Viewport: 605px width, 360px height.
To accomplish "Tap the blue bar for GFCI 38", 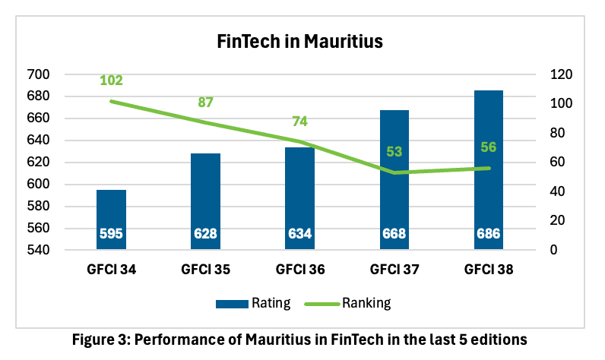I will tap(488, 167).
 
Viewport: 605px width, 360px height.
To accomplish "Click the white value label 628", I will tap(205, 234).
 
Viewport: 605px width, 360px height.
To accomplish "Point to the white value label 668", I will tap(394, 234).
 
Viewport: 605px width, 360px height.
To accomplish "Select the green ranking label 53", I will tap(394, 152).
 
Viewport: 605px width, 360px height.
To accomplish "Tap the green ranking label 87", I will tap(205, 103).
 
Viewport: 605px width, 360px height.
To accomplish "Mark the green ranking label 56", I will tap(488, 147).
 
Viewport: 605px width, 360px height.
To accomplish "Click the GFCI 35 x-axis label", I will tap(205, 269).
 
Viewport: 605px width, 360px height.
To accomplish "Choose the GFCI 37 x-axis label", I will tap(394, 269).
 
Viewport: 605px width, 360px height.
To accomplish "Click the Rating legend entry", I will tap(252, 303).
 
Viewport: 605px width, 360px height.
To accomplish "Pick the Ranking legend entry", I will tap(348, 303).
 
